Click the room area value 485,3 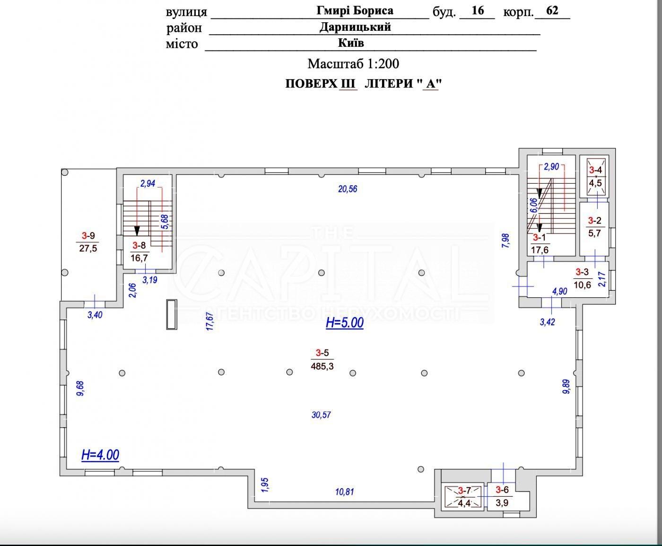point(322,366)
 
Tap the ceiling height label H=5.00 point(345,322)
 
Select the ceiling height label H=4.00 point(100,455)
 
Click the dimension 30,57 point(321,415)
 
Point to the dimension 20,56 point(348,189)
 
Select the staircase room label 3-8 point(139,245)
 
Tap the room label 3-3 point(582,272)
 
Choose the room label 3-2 point(595,220)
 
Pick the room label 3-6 point(502,490)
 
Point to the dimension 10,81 point(345,492)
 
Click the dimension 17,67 point(210,321)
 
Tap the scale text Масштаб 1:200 point(353,64)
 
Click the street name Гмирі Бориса point(355,11)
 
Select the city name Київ point(351,43)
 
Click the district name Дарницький point(355,27)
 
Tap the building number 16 point(478,10)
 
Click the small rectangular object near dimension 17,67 point(172,314)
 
